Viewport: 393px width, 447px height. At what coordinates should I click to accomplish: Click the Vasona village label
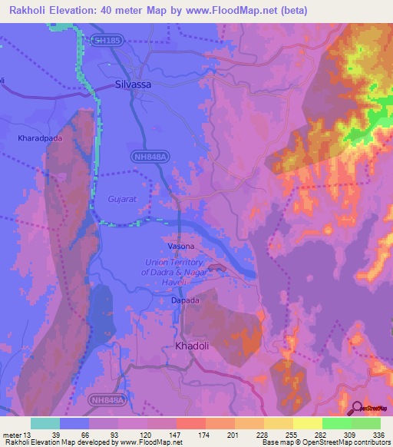coord(181,246)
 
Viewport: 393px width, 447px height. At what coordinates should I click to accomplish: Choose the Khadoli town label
coord(193,346)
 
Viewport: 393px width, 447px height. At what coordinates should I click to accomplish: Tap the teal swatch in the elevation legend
coord(45,423)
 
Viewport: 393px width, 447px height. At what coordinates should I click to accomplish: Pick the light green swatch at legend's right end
coord(366,423)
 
